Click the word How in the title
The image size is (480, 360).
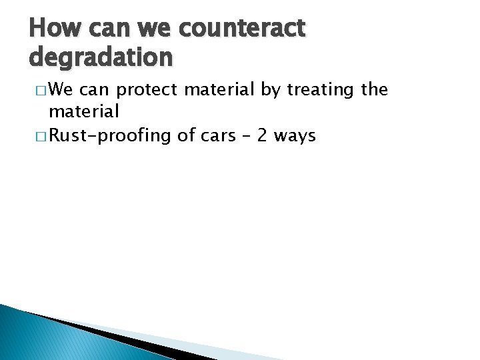click(52, 29)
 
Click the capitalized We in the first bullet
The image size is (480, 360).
click(63, 89)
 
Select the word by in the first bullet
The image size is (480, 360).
click(271, 89)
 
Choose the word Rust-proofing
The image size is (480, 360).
click(111, 137)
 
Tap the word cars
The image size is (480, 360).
click(220, 137)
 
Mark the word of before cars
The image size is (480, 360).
click(185, 137)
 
